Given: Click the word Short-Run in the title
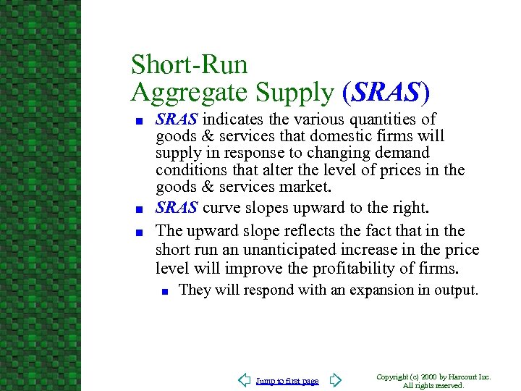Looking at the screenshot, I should (x=189, y=64).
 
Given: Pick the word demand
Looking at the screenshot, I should (x=402, y=153).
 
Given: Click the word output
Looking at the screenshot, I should (x=456, y=290).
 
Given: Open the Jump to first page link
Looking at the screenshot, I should (x=287, y=381).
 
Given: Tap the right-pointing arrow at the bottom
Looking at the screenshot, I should (x=335, y=380).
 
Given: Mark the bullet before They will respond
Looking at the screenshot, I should (x=165, y=292).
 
